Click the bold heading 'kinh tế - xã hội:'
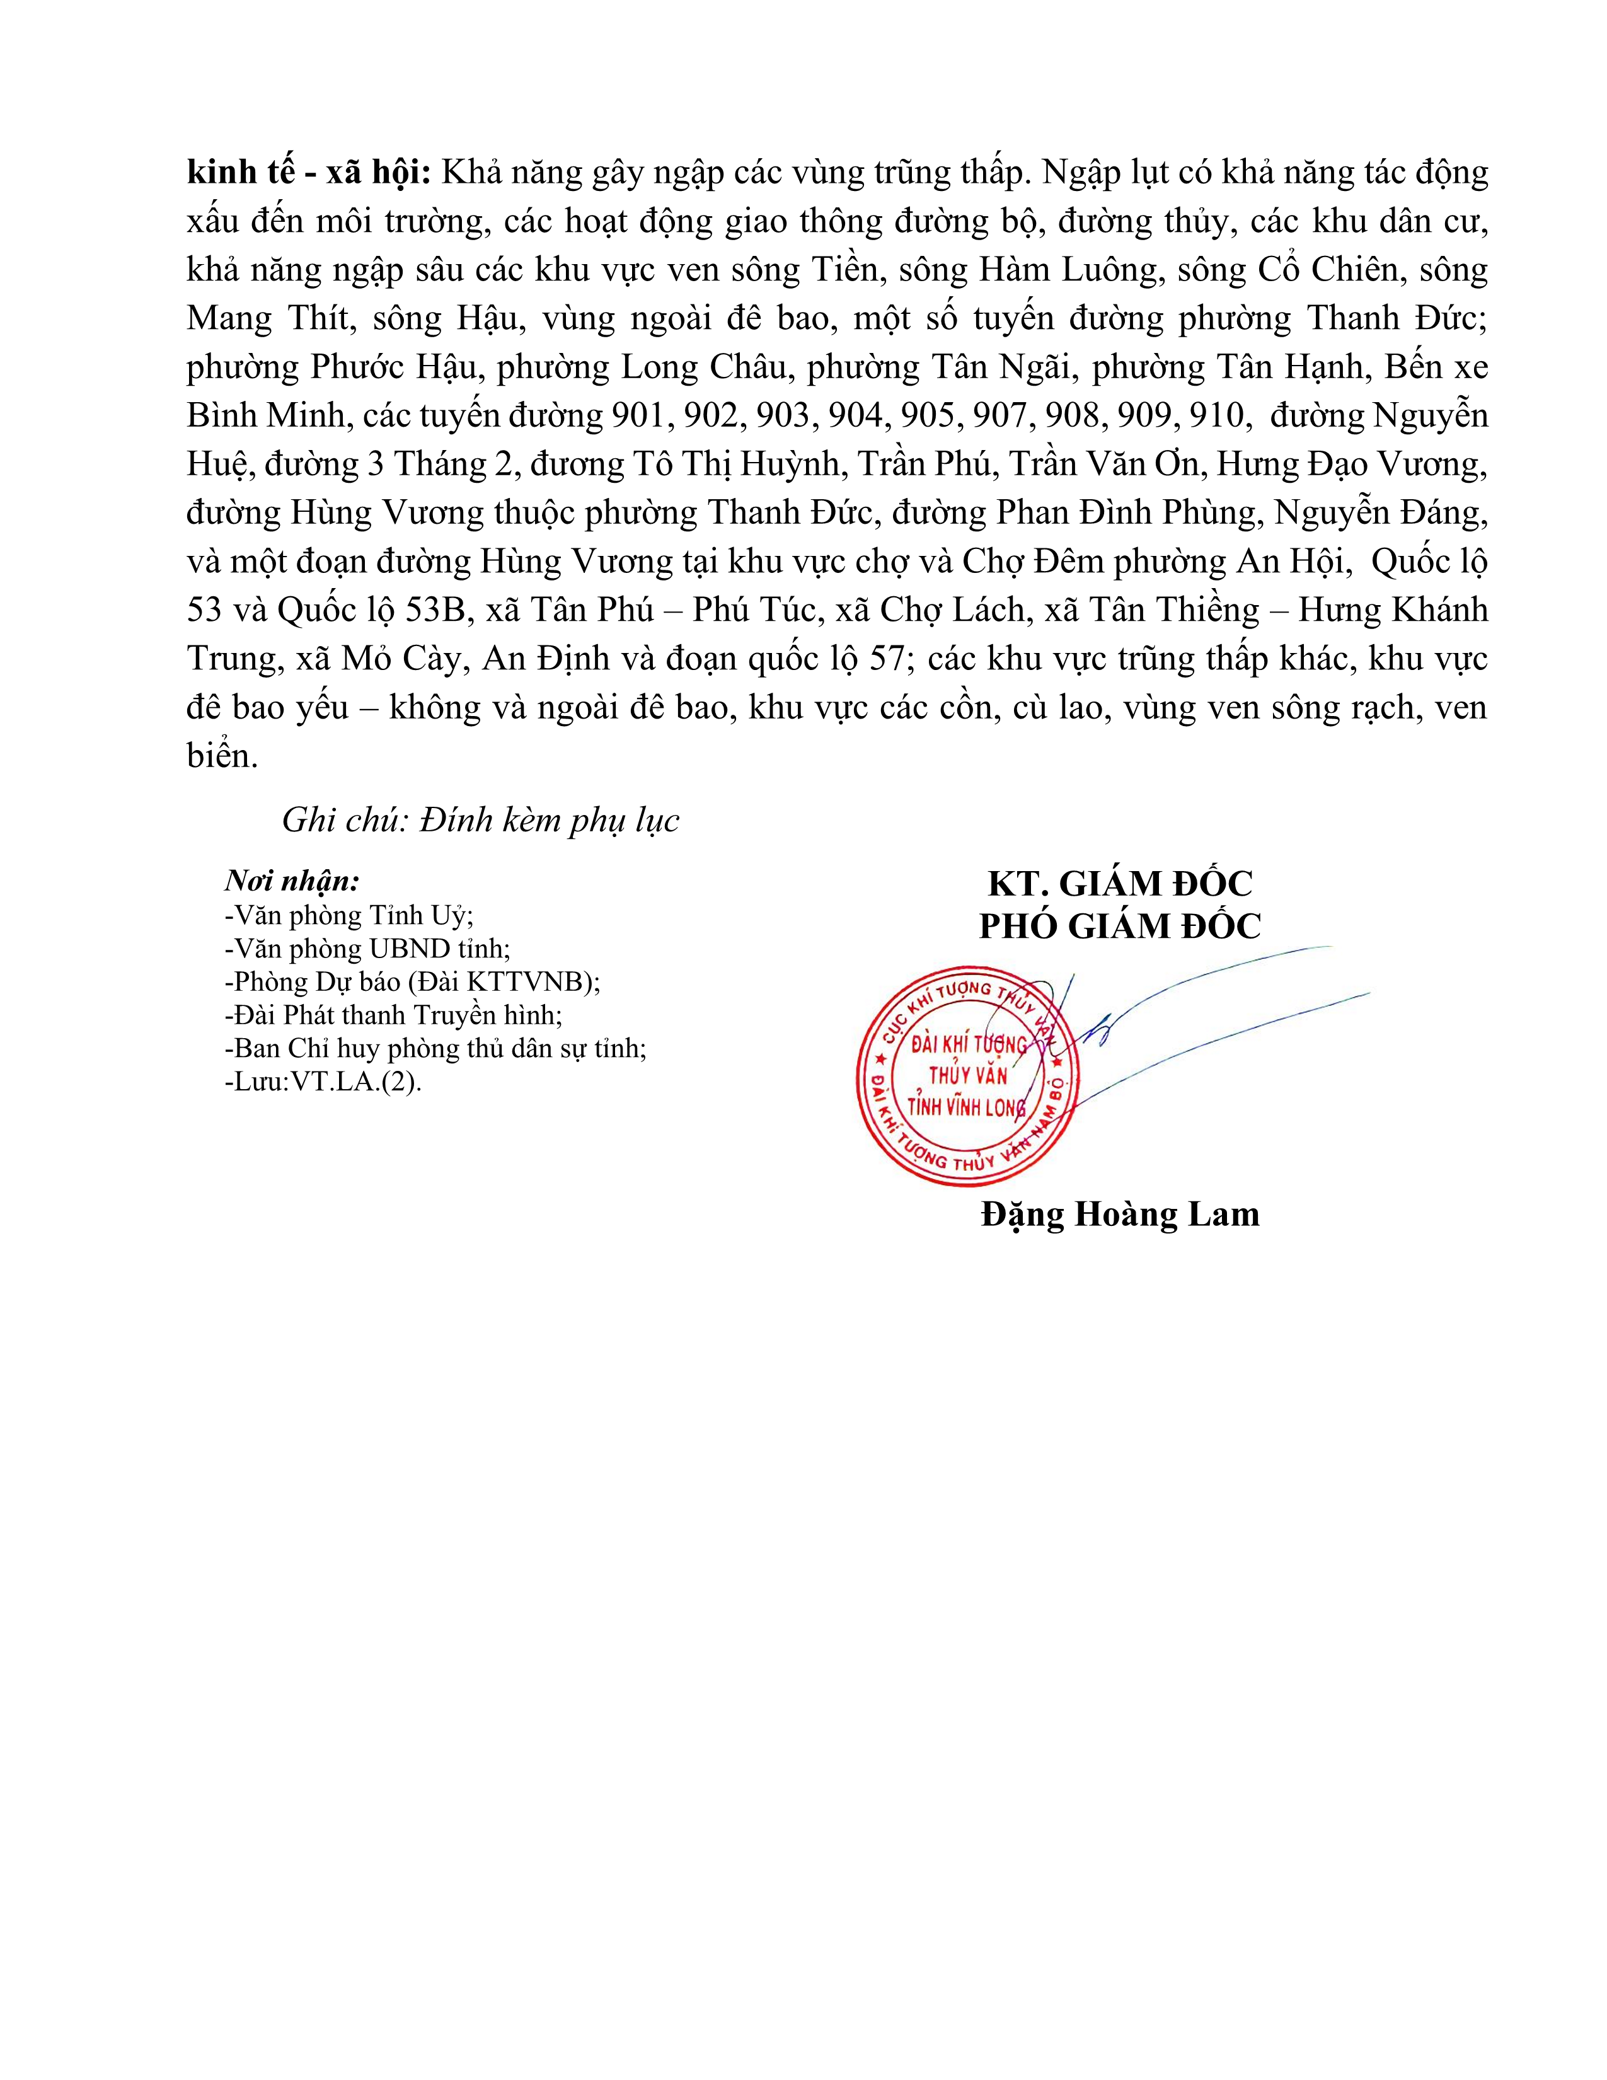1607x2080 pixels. point(310,172)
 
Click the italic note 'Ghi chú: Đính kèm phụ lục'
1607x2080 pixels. point(481,821)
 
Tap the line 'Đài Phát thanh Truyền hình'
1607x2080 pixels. point(394,1016)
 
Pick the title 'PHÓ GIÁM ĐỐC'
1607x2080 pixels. point(1120,926)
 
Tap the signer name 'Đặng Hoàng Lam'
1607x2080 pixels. point(1120,1215)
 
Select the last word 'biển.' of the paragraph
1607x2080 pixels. point(222,756)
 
